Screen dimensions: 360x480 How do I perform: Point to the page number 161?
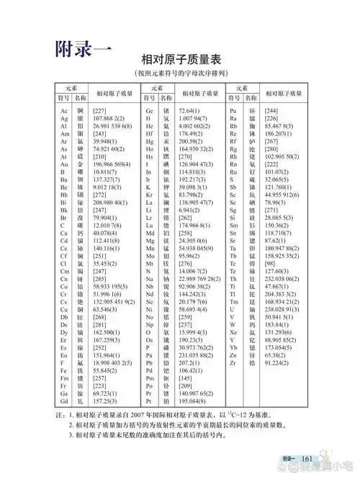[x=305, y=459]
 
